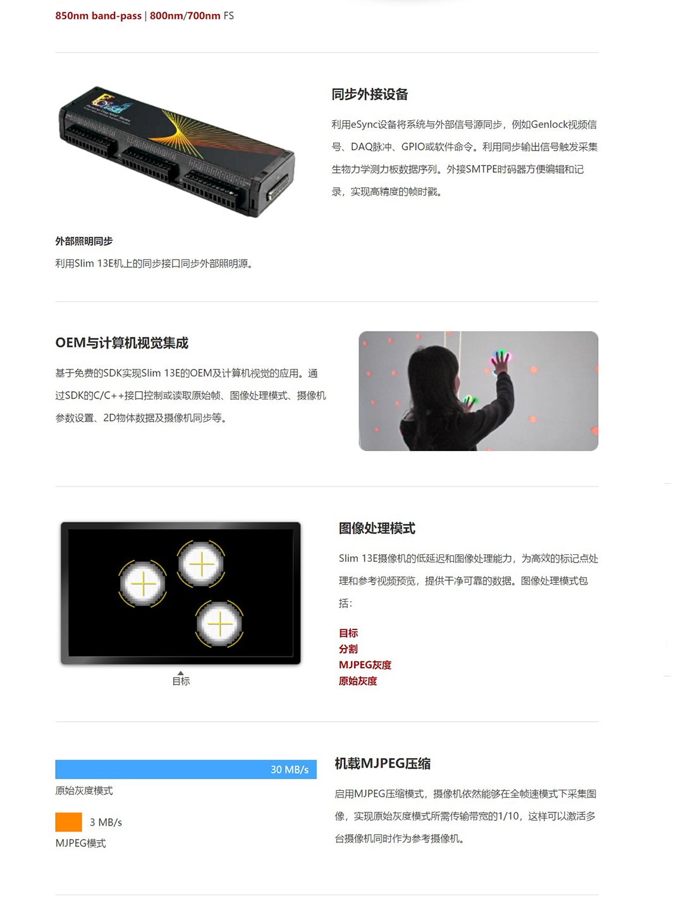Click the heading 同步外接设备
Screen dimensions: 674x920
coord(369,94)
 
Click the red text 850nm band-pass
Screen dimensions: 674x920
coord(98,16)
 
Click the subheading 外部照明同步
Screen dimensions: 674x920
coord(83,241)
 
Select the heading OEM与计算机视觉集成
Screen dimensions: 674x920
coord(121,342)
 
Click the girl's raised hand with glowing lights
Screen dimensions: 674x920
coord(500,360)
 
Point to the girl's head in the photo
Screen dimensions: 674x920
coord(429,370)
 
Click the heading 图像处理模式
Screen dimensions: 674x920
coord(377,528)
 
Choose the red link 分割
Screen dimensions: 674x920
coord(348,649)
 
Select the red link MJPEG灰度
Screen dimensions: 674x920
coord(365,665)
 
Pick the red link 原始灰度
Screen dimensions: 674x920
coord(357,681)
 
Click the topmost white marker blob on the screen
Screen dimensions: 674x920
coord(201,564)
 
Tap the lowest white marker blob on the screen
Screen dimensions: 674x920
coord(219,624)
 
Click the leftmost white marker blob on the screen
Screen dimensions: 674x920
coord(143,583)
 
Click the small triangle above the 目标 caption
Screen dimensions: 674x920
coord(181,673)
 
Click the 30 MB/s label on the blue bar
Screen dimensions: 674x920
coord(290,769)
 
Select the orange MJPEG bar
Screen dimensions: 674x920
coord(68,822)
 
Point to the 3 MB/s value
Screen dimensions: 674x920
coord(106,823)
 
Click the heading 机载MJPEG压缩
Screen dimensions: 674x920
coord(383,764)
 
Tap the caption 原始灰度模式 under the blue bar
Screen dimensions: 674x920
coord(83,791)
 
